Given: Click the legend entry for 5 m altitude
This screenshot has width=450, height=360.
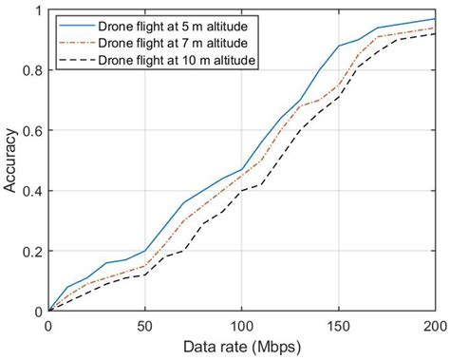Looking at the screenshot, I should point(169,25).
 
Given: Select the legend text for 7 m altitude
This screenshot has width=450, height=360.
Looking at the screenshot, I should point(169,43).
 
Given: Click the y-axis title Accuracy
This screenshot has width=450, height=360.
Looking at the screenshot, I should point(10,161).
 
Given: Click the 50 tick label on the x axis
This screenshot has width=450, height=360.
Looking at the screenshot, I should point(144,326).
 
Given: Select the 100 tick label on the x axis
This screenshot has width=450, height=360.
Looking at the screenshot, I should point(241,326).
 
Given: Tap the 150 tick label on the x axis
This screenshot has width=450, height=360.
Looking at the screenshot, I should point(337,326).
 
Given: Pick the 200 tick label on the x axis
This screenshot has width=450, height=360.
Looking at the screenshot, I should point(433,326).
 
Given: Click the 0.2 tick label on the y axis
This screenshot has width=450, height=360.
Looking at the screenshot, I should point(31,251).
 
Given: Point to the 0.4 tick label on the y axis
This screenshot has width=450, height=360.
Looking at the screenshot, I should point(31,191).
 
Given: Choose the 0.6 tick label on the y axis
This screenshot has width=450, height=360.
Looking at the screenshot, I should point(31,131).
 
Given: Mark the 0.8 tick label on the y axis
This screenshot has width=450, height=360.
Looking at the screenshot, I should point(31,71).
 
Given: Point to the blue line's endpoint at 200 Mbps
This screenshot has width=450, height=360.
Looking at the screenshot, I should point(434,20).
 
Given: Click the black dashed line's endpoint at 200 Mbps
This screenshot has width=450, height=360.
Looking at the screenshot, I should point(434,34).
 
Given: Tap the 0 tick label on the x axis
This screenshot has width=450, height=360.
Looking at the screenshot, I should point(48,326).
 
